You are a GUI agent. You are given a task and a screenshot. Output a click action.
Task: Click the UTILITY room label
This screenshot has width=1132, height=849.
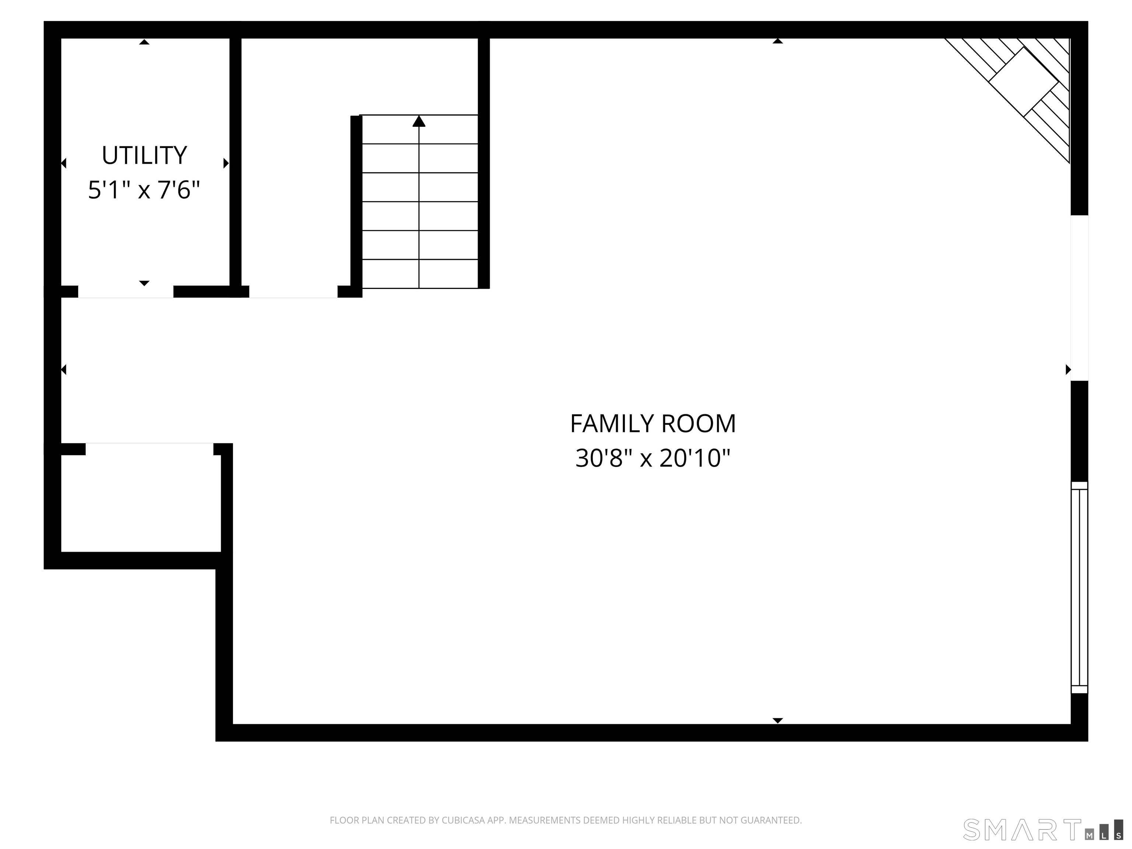pyautogui.click(x=144, y=155)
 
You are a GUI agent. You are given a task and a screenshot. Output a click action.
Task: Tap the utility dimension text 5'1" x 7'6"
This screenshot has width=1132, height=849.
pyautogui.click(x=144, y=190)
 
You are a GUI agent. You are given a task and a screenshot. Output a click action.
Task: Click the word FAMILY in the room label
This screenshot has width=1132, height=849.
pyautogui.click(x=612, y=424)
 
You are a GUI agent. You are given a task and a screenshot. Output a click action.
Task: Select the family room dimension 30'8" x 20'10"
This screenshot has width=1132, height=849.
pyautogui.click(x=653, y=458)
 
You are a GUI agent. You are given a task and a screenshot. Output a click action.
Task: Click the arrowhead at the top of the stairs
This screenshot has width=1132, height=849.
pyautogui.click(x=419, y=121)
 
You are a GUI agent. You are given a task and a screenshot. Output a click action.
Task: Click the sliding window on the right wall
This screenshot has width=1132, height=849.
pyautogui.click(x=1079, y=587)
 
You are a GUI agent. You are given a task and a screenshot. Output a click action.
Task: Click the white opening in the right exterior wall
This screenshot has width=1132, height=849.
pyautogui.click(x=1079, y=298)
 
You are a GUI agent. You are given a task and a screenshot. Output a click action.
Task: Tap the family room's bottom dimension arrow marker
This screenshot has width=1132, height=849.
pyautogui.click(x=778, y=720)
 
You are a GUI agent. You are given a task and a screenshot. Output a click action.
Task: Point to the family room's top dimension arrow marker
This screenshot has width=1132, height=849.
pyautogui.click(x=778, y=41)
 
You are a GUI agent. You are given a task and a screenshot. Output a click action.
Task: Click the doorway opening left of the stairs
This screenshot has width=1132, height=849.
pyautogui.click(x=293, y=292)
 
